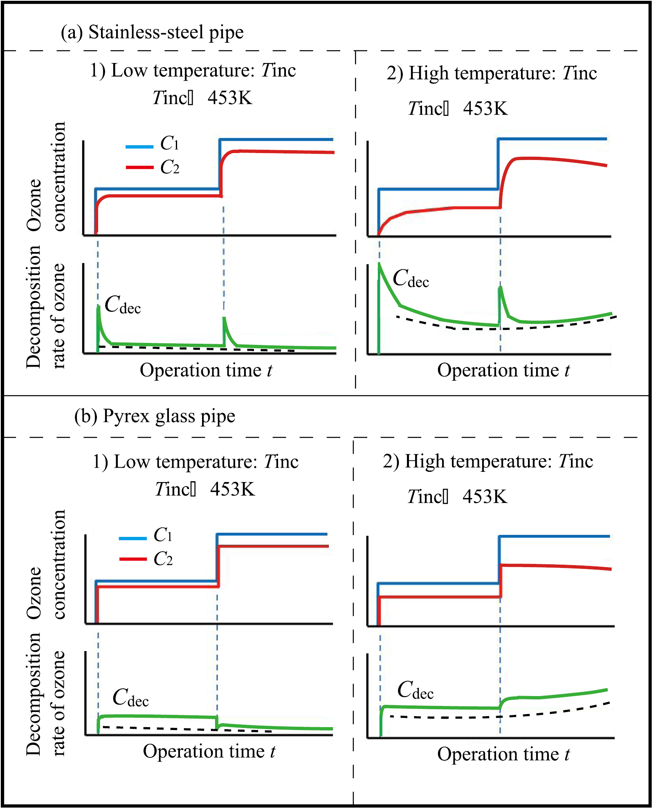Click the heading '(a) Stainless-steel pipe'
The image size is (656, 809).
pos(152,32)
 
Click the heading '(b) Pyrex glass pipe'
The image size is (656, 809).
pos(155,416)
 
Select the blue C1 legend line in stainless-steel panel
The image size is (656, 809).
pos(139,146)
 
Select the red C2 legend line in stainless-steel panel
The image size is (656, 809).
pos(139,167)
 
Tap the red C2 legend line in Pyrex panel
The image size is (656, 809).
pos(133,559)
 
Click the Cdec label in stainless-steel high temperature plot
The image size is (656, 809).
pos(410,279)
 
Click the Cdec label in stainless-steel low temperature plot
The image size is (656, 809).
pos(122,305)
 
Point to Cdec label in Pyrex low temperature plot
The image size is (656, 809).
pos(130,698)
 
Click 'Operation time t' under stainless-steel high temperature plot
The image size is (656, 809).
pos(503,370)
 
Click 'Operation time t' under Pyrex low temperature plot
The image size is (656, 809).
pos(209,751)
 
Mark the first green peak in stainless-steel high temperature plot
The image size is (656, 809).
pos(380,264)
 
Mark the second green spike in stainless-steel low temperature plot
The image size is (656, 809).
pos(224,318)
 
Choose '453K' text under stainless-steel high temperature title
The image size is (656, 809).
pos(485,109)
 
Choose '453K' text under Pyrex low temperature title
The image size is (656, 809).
pos(232,489)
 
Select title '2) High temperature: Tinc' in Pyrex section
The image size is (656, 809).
pos(488,462)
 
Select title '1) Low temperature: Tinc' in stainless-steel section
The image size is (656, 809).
pos(193,70)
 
